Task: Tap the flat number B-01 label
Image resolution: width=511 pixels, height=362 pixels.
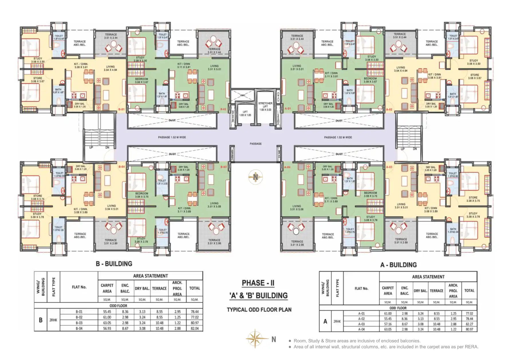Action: tap(121, 109)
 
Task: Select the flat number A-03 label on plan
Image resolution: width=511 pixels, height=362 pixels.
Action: tap(389, 167)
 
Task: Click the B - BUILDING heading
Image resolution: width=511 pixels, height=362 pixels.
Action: tap(114, 264)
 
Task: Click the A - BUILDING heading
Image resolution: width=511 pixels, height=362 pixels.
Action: tap(398, 265)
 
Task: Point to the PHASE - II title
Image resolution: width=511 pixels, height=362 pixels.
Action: tap(258, 283)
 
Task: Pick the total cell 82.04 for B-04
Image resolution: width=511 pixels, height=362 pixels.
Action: tap(194, 328)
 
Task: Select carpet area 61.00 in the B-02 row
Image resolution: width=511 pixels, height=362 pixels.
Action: tap(107, 317)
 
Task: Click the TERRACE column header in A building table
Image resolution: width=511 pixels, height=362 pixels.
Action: tap(436, 291)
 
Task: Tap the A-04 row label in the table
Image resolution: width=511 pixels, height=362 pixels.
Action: tap(361, 329)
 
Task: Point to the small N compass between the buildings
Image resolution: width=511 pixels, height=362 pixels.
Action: tap(256, 177)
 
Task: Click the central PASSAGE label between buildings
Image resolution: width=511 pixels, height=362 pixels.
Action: tap(256, 144)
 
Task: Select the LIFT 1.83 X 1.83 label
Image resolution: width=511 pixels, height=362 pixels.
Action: tap(245, 113)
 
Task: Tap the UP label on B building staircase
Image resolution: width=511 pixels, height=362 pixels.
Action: tap(91, 147)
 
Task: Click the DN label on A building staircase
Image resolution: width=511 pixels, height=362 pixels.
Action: tap(415, 149)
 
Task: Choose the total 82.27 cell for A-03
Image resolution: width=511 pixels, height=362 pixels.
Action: tap(469, 324)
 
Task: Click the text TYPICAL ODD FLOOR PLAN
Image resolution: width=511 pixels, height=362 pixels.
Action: tap(259, 310)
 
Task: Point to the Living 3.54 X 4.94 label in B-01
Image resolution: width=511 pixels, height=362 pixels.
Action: tap(111, 68)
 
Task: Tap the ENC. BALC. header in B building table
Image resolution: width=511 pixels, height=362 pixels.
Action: tap(125, 288)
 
